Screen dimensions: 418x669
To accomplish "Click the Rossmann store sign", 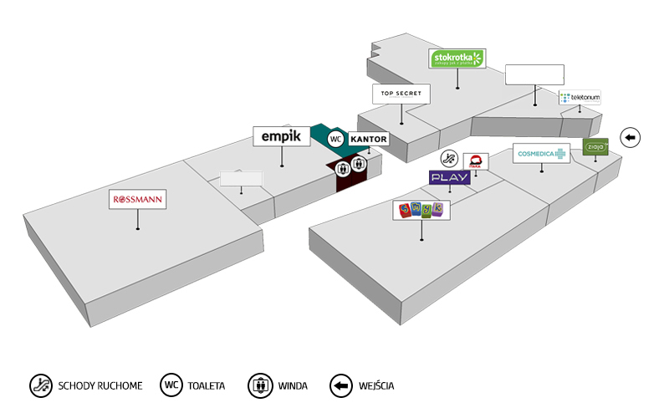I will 138,200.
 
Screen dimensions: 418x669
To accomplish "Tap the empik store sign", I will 281,136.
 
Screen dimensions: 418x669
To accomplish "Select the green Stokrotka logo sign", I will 457,59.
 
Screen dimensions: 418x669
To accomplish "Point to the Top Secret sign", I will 401,94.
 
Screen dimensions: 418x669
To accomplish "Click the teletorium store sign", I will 580,98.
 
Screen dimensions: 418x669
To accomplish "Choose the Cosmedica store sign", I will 541,154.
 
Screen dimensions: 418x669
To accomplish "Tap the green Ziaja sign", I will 596,147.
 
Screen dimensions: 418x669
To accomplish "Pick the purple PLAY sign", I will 449,177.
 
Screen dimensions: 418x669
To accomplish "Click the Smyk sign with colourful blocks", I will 421,211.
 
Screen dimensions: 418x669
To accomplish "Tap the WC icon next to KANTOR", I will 336,139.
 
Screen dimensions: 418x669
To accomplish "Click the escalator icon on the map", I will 450,159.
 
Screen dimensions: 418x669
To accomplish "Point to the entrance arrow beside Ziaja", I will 630,137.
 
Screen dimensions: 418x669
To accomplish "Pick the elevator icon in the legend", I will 260,385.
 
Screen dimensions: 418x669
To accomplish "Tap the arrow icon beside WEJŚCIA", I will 340,385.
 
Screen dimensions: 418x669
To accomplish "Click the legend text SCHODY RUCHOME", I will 100,386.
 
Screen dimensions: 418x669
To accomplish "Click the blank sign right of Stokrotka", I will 534,74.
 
